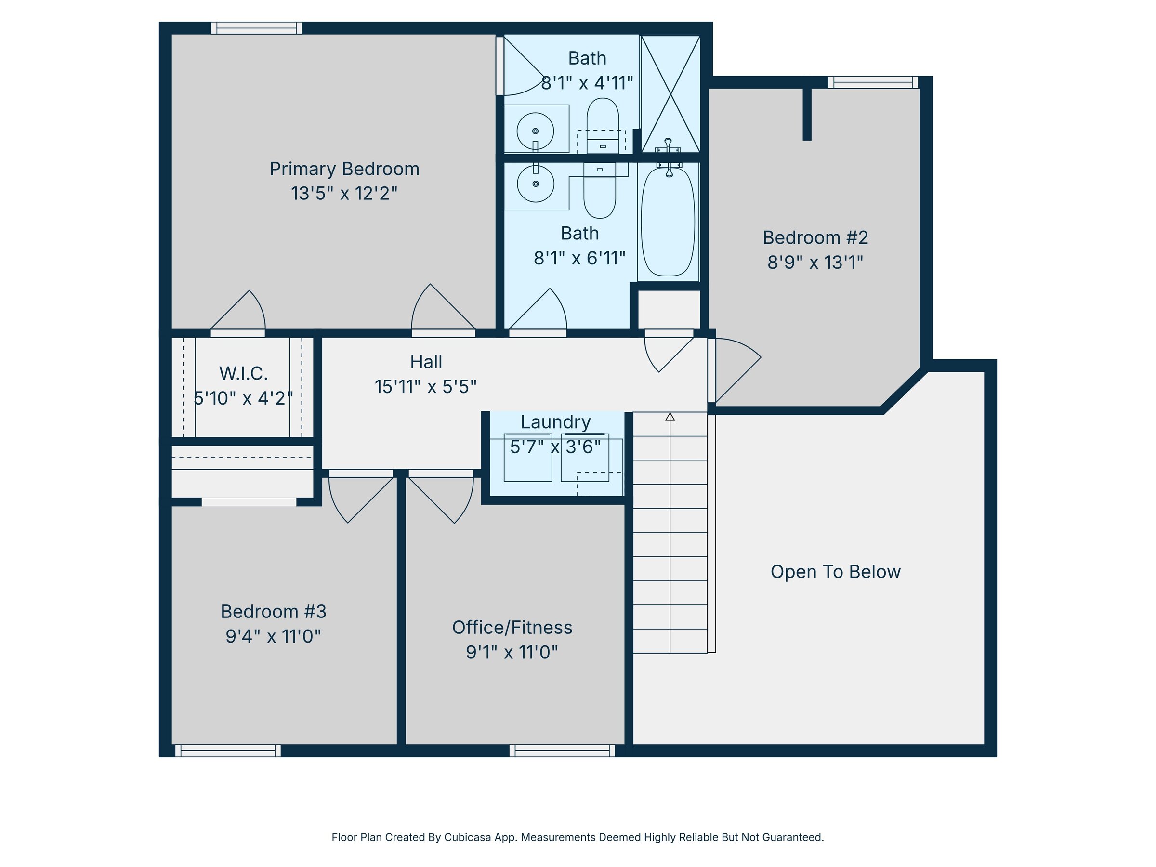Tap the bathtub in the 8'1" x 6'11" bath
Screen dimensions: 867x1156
pos(668,222)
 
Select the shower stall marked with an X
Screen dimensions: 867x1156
pos(670,94)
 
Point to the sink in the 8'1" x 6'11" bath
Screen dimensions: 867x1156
pos(535,184)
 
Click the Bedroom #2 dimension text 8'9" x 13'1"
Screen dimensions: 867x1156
pos(815,263)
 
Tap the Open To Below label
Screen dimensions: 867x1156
pos(835,572)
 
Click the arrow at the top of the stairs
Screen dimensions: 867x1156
pos(670,417)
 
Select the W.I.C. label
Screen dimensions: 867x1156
pos(244,374)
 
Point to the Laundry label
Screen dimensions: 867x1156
pos(555,422)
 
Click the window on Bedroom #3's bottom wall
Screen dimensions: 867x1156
pos(228,751)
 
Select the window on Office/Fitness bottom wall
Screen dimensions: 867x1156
pos(562,751)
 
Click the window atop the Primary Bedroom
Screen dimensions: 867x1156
pos(257,28)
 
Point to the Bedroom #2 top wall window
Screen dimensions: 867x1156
pos(873,82)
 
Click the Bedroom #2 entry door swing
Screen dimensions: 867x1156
pos(735,369)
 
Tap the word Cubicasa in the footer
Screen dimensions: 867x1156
pos(467,837)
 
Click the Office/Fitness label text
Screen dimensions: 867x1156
pos(512,628)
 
